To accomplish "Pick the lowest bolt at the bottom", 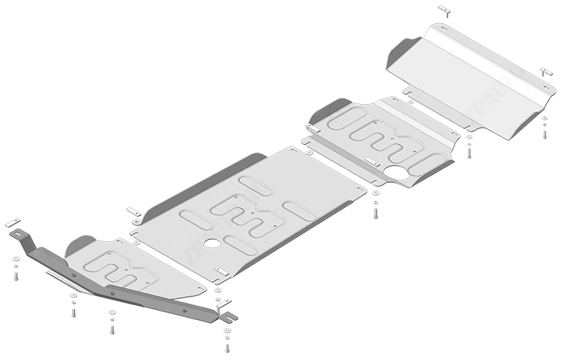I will (x=226, y=347).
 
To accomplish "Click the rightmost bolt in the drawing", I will (x=544, y=133).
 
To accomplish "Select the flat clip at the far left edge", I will (x=12, y=224).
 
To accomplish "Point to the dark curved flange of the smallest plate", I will (x=79, y=245).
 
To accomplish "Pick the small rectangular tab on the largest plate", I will (x=222, y=272).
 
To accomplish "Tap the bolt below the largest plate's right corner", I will (x=376, y=209).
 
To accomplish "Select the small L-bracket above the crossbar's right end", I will (x=224, y=304).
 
